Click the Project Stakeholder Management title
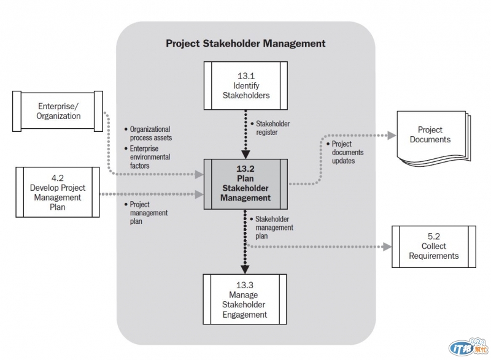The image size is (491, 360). [245, 44]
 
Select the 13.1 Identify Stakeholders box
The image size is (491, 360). [245, 85]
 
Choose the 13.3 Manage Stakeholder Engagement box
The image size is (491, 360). [245, 300]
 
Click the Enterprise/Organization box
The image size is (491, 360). [59, 110]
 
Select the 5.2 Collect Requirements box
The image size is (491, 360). [433, 246]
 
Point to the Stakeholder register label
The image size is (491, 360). [272, 128]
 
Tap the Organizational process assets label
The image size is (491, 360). [150, 134]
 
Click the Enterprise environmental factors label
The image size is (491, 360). [150, 157]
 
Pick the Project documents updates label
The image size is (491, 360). [347, 152]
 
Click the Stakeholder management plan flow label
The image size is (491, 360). [273, 228]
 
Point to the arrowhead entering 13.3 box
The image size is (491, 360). [245, 269]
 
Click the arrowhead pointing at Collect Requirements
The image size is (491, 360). [387, 247]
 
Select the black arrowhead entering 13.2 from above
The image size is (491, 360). [245, 154]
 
